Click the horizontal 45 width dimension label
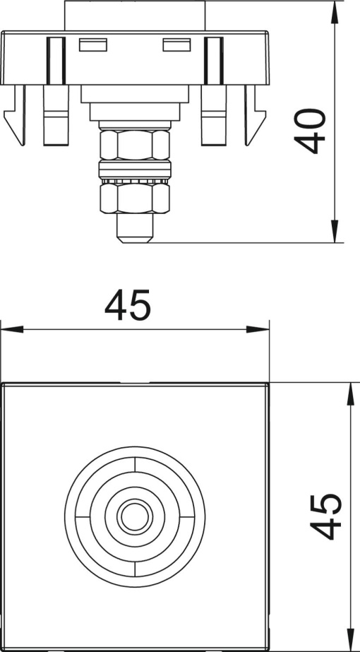[128, 306]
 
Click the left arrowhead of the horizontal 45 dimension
[8, 330]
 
